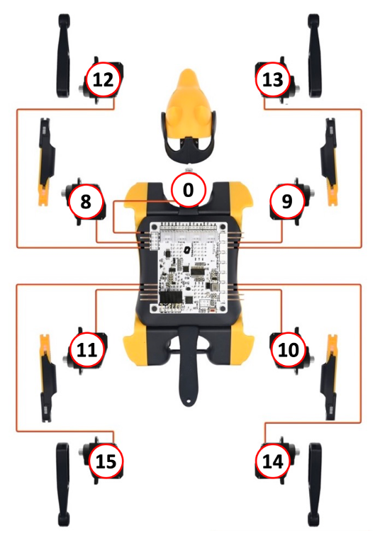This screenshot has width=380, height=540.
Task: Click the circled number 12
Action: pyautogui.click(x=104, y=79)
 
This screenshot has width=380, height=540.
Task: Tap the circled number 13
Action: pyautogui.click(x=272, y=79)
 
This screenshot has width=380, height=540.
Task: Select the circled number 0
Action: pyautogui.click(x=188, y=190)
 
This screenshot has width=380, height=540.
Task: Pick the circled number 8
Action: pyautogui.click(x=86, y=201)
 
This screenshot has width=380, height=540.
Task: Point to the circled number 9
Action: pyautogui.click(x=287, y=201)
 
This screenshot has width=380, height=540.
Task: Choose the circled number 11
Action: pyautogui.click(x=86, y=350)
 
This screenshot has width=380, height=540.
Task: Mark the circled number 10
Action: pyautogui.click(x=289, y=350)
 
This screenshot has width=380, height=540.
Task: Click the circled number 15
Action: pyautogui.click(x=106, y=461)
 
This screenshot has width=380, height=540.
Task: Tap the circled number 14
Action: pyautogui.click(x=272, y=461)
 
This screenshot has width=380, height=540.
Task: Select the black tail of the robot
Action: pyautogui.click(x=188, y=365)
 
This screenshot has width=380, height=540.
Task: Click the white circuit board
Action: pyautogui.click(x=189, y=268)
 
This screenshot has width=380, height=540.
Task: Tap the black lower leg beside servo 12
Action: pyautogui.click(x=63, y=56)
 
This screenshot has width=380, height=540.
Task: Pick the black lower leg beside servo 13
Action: pyautogui.click(x=315, y=56)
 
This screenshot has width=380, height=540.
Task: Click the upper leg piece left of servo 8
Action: pyautogui.click(x=45, y=162)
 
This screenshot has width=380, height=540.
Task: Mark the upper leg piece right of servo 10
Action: pyautogui.click(x=330, y=377)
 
